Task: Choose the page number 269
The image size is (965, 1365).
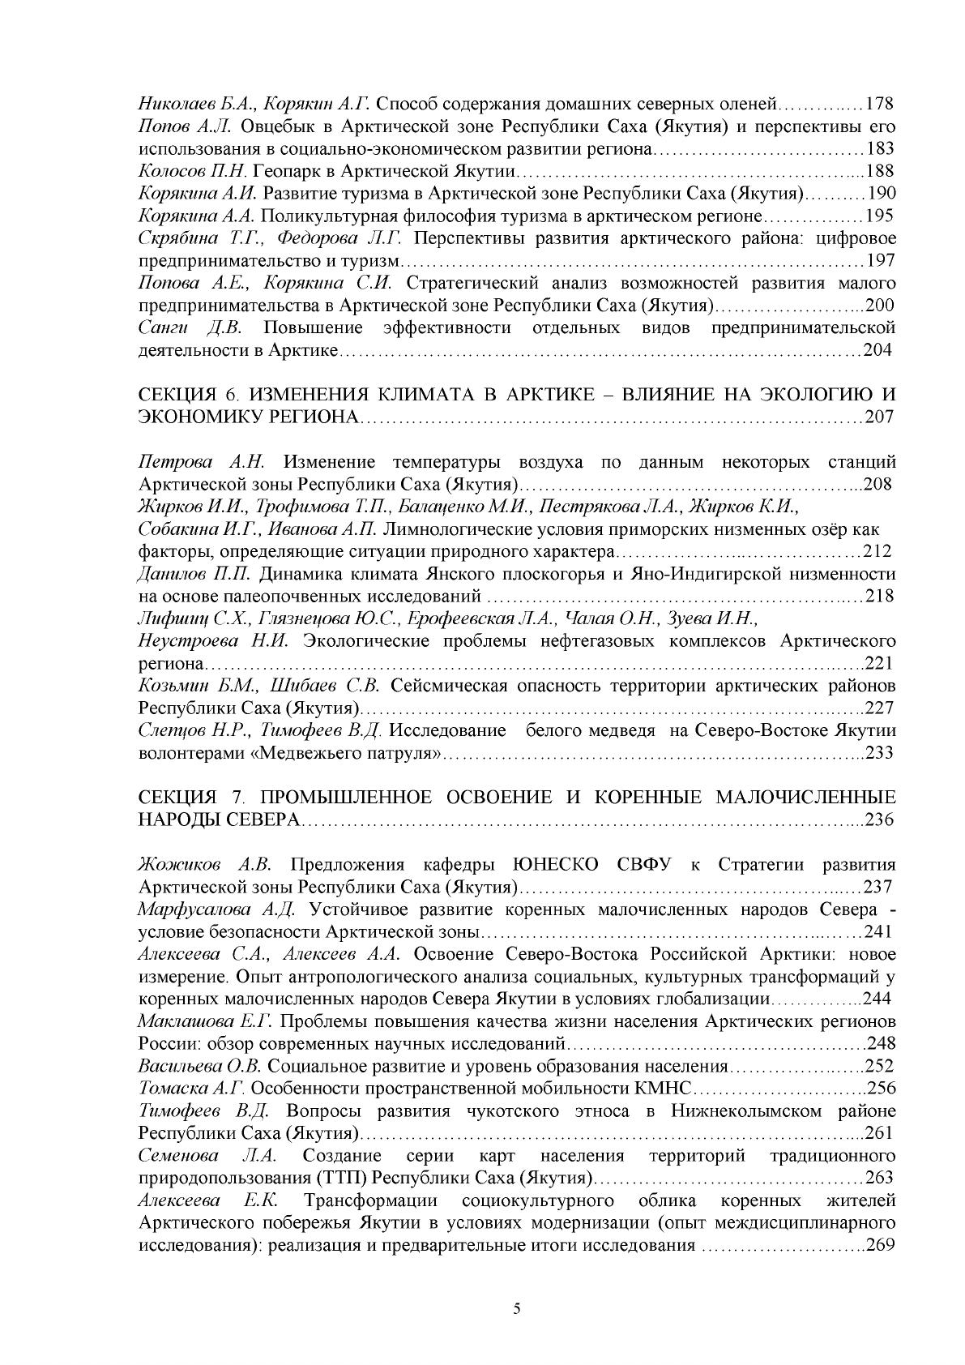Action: (x=880, y=1244)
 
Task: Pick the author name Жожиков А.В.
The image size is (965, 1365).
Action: (x=204, y=863)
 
